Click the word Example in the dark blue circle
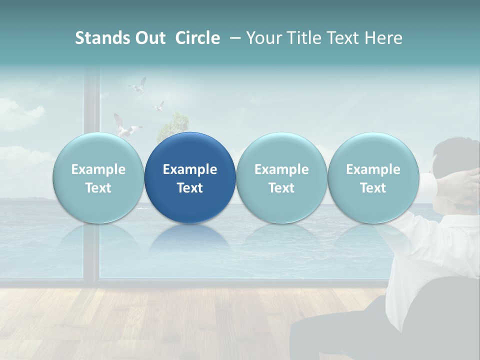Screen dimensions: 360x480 190,169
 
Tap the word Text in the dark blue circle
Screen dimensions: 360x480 190,188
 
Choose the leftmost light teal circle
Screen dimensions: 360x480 98,178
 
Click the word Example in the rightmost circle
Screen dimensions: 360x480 373,169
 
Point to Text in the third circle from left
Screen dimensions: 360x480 281,188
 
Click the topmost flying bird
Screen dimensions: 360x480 138,86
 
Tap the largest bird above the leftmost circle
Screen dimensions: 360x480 125,127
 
